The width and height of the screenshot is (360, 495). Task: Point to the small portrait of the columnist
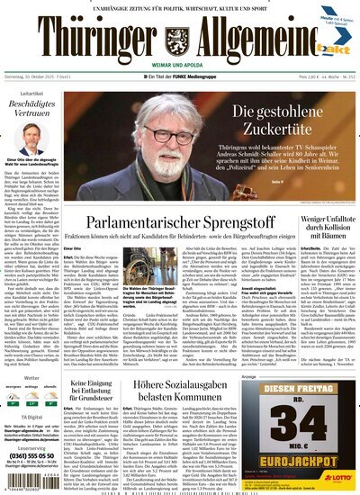click(x=20, y=169)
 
